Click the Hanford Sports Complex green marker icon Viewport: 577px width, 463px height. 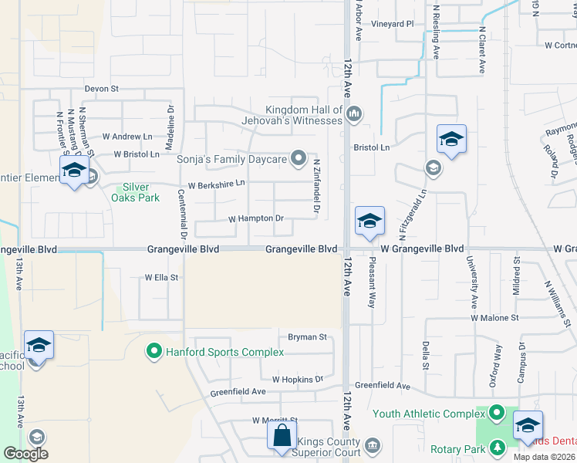click(x=154, y=353)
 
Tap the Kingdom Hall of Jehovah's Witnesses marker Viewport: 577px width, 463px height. click(x=354, y=115)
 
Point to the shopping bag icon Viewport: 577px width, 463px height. click(x=282, y=435)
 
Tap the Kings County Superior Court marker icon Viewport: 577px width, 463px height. click(x=373, y=445)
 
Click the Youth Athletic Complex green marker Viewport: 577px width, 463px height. click(x=498, y=414)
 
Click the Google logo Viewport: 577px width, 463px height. click(x=25, y=454)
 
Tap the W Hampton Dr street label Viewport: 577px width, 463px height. click(x=257, y=219)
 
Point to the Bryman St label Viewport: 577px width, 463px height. click(x=308, y=337)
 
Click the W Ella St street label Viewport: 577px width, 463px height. click(x=162, y=277)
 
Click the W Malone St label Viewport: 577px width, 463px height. click(x=496, y=317)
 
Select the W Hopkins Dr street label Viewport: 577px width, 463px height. click(x=297, y=380)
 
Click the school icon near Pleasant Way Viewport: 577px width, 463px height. click(x=369, y=221)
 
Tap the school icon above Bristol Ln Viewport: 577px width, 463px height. click(x=451, y=140)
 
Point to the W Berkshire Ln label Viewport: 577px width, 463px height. click(x=216, y=184)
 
